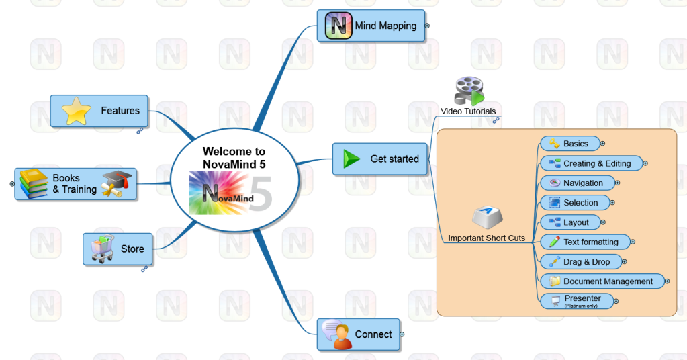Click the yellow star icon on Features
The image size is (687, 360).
coord(77,111)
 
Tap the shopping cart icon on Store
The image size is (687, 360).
coord(103,249)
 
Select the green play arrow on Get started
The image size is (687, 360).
coord(351,159)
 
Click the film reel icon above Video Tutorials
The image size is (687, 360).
coord(469,91)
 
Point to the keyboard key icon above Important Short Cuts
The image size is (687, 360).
coord(487,217)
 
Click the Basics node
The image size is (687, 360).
coord(570,144)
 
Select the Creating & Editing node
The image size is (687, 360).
coord(592,163)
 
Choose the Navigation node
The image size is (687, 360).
coord(578,183)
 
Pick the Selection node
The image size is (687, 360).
coord(575,203)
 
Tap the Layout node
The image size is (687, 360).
coord(570,222)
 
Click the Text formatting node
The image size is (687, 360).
coord(586,242)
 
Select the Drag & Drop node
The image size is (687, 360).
coord(581,262)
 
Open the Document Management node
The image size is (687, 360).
coord(602,281)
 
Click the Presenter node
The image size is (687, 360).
coord(577,302)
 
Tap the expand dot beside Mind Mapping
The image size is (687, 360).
coord(427,26)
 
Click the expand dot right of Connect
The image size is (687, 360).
coord(402,334)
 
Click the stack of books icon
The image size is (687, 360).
coord(34,184)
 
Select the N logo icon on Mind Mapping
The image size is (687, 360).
coord(338,26)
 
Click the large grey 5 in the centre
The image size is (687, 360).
coord(261,193)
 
